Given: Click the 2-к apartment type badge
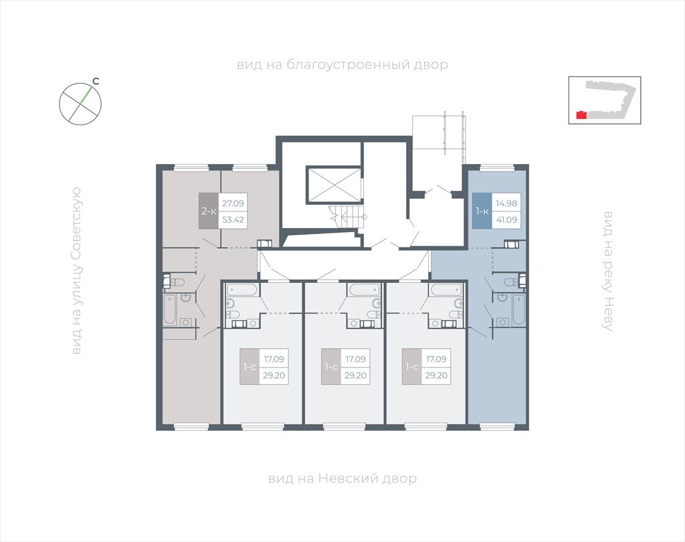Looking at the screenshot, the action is [209, 211].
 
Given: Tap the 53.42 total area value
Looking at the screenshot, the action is [233, 219].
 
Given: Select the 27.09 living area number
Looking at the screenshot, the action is [233, 203].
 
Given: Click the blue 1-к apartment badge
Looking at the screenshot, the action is [482, 211].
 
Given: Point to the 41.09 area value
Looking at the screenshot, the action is [506, 219].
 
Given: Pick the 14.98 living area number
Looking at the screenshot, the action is [506, 203].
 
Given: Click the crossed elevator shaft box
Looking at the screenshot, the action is [334, 185].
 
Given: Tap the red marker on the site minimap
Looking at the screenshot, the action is [581, 115].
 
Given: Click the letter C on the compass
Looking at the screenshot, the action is [96, 81].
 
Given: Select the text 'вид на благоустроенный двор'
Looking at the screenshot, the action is [342, 65].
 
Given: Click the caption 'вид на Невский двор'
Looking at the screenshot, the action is [342, 478].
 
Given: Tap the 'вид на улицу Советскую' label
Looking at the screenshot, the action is [76, 270].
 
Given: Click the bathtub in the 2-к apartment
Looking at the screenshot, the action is [169, 310].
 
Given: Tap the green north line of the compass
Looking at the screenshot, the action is [86, 96].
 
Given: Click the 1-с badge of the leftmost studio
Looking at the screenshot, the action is [250, 367].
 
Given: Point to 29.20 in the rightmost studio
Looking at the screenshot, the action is [436, 375].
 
